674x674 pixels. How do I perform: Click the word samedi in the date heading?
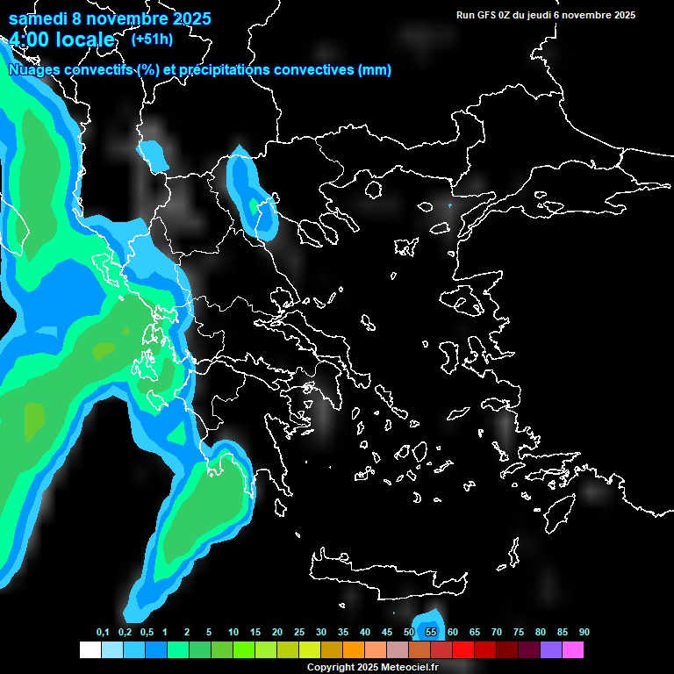click(39, 18)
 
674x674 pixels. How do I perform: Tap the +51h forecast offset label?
click(152, 39)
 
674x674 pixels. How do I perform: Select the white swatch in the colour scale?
click(90, 650)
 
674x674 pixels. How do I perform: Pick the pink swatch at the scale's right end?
click(573, 650)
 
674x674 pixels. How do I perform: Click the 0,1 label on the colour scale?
click(103, 633)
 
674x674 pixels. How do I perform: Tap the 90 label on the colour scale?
click(584, 633)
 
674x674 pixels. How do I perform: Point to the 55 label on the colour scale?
click(431, 633)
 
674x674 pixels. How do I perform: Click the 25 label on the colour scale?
click(299, 633)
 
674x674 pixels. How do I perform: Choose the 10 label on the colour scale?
click(233, 633)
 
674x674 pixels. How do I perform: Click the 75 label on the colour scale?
click(519, 633)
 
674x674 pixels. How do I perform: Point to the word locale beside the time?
click(87, 39)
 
